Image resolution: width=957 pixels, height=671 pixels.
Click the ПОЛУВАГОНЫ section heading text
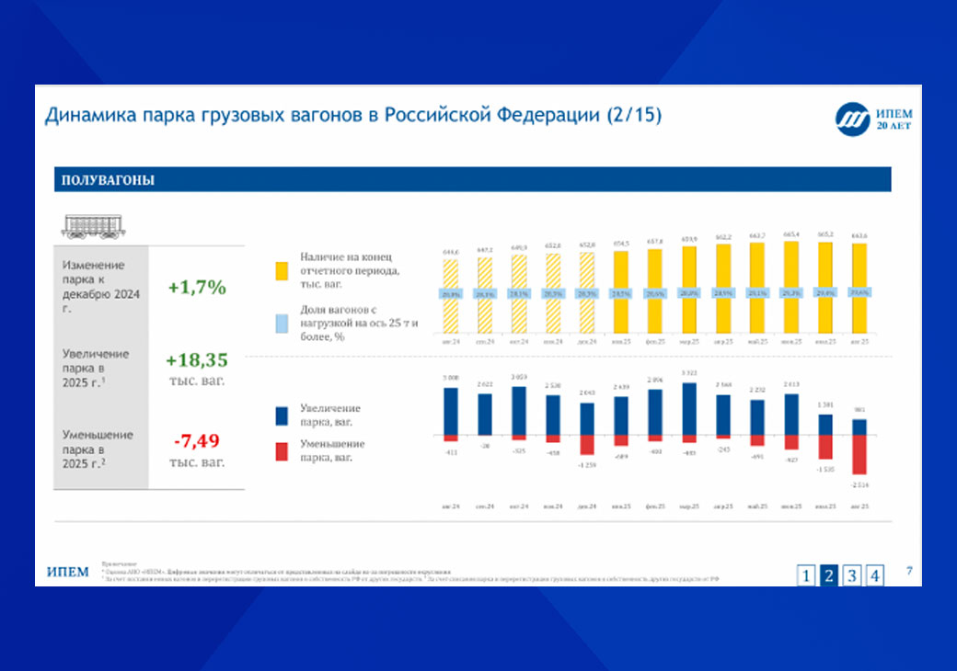(108, 180)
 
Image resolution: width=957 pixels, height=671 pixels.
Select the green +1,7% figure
(196, 287)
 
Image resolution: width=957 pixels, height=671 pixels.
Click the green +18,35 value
(196, 359)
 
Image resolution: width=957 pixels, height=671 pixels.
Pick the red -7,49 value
(196, 442)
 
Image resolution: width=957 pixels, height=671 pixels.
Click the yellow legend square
(283, 272)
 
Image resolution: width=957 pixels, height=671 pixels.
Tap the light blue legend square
(283, 322)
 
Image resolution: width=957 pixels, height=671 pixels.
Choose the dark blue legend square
(283, 415)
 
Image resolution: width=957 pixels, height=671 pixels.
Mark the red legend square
(283, 449)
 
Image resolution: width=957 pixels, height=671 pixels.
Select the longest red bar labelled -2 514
(859, 454)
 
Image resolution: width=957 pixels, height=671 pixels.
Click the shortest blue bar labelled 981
(859, 426)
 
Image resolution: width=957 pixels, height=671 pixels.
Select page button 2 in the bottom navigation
(829, 575)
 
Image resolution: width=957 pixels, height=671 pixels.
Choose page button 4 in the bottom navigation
(875, 575)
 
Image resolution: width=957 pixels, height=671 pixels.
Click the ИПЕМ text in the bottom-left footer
(68, 573)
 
